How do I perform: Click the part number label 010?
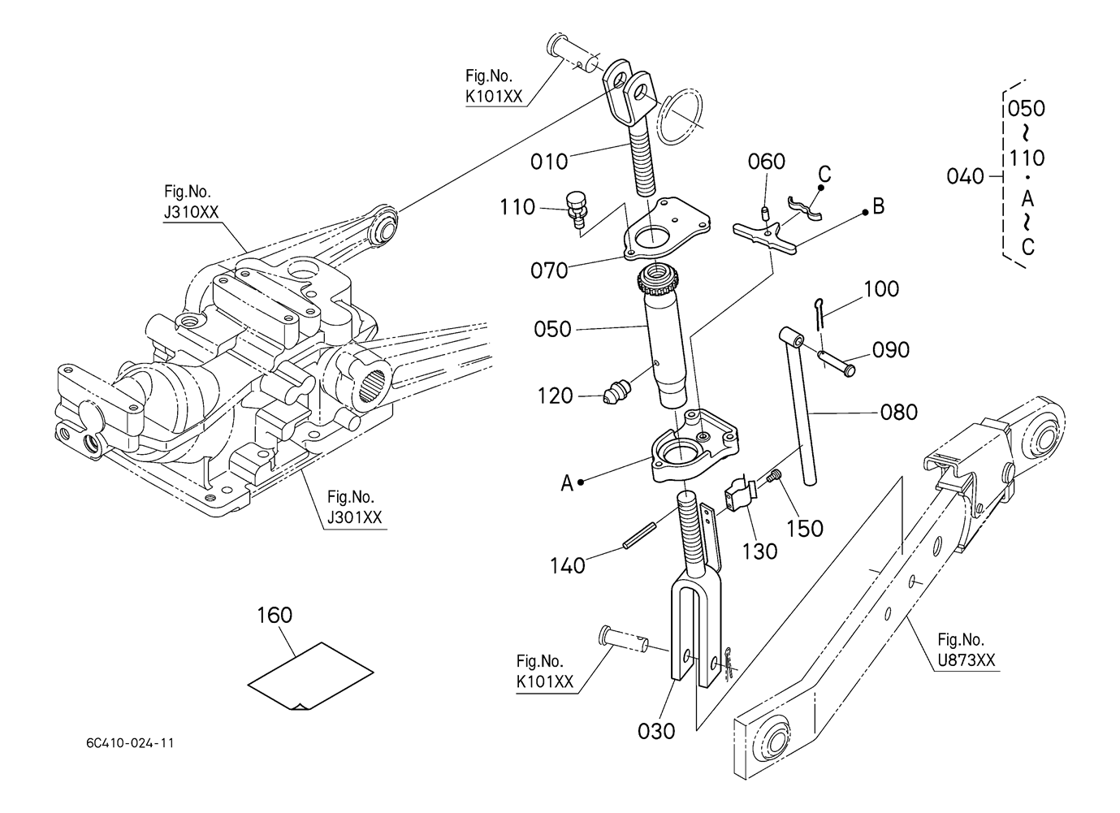coord(549,162)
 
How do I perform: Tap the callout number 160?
coord(275,615)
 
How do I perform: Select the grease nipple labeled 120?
coord(617,392)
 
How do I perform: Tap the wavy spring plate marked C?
coord(804,208)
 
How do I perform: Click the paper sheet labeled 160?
coord(310,675)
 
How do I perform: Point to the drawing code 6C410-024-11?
coord(130,743)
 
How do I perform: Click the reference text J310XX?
coord(191,213)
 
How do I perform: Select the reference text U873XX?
coord(966,660)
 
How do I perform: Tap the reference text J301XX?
coord(354,517)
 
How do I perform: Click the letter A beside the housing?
coord(567,483)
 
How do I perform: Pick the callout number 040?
coord(965,176)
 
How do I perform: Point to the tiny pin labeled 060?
coord(765,213)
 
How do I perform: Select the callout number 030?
coord(656,732)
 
